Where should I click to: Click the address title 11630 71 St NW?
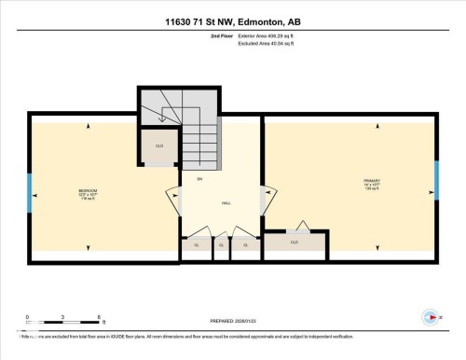[x=232, y=21]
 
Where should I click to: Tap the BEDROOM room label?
[x=89, y=193]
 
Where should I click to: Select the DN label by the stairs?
[x=199, y=177]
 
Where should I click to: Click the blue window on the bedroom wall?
[x=30, y=195]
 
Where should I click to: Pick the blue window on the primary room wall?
[x=435, y=181]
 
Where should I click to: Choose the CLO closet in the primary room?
[x=294, y=242]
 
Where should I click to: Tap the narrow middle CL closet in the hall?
[x=221, y=245]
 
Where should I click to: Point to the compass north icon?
[x=429, y=315]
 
